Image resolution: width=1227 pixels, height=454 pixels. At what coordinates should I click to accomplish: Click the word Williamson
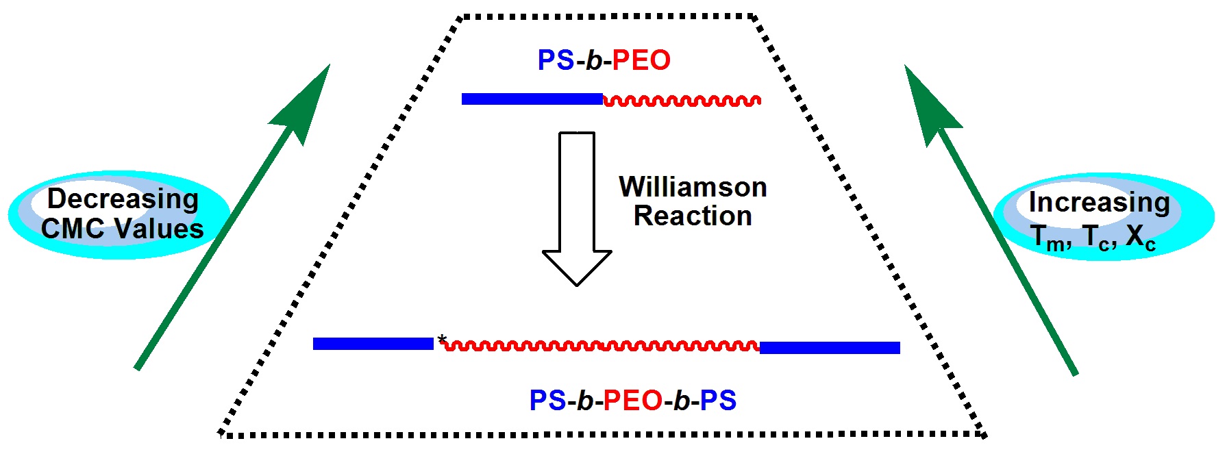point(693,187)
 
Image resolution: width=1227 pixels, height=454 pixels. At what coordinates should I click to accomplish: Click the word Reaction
point(693,216)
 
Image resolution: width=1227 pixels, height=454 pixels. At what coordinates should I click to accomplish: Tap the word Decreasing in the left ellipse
point(123,199)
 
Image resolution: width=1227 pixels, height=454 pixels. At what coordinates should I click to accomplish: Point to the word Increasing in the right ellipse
point(1099,202)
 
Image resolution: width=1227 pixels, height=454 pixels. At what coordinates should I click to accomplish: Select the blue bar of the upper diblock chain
point(532,99)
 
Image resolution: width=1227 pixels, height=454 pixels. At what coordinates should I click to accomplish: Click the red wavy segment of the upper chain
point(682,101)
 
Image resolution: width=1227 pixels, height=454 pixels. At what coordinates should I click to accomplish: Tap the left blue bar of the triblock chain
point(373,344)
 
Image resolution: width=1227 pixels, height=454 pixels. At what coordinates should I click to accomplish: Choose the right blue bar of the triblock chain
point(830,348)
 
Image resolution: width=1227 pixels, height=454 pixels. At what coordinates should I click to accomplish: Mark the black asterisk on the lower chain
point(442,339)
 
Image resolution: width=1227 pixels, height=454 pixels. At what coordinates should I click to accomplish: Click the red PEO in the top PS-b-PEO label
point(641,61)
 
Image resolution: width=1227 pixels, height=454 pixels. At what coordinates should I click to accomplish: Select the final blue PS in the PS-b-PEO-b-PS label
point(718,401)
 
